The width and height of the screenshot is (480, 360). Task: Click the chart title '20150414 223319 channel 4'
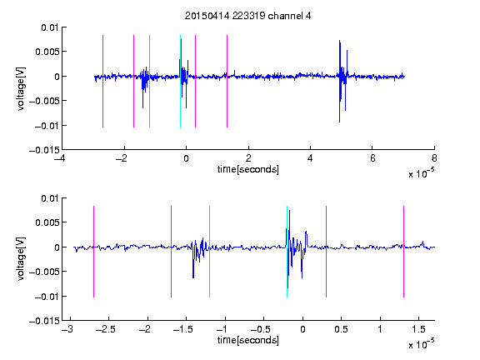247,16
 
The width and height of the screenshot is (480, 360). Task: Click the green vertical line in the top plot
149,81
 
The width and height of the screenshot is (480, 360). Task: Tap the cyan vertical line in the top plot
180,81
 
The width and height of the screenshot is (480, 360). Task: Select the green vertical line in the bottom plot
209,252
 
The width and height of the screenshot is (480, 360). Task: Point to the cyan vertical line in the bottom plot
287,252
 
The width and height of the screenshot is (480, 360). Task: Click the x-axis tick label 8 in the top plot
434,158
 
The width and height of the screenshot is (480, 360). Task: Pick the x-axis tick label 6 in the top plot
372,158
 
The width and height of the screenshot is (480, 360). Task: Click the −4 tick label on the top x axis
59,158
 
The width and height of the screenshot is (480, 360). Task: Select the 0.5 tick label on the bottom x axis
341,329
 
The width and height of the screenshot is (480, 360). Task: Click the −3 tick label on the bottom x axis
67,329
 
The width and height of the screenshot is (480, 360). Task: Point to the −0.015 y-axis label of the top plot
44,150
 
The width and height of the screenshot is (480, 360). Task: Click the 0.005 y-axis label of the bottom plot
47,222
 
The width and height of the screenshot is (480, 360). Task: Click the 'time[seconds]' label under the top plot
248,169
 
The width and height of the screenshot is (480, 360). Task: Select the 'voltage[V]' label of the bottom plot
21,258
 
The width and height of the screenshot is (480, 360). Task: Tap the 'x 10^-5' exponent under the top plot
421,173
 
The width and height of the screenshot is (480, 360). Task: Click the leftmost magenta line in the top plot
102,81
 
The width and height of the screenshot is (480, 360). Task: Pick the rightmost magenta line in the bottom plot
403,252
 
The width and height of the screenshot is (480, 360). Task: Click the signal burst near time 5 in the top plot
342,81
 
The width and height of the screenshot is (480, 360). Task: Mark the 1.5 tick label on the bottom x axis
418,329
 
